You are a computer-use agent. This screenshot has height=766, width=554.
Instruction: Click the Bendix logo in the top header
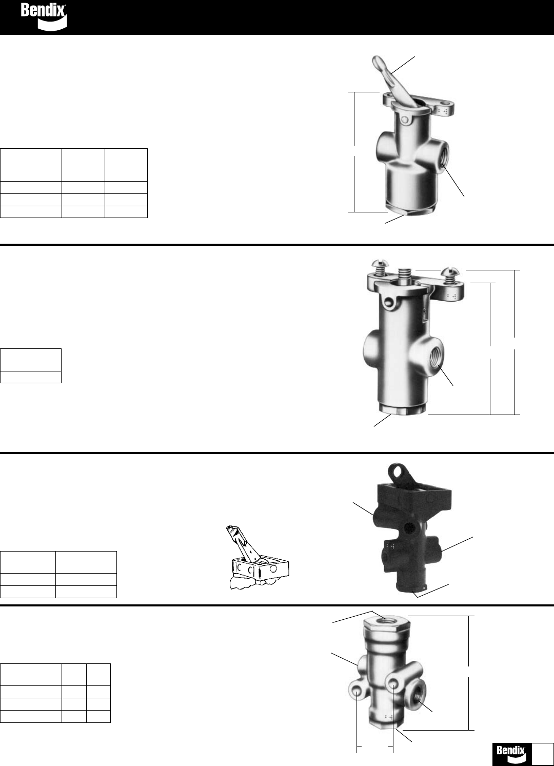coord(44,16)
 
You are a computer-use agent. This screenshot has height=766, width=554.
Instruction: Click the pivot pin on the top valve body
coord(406,120)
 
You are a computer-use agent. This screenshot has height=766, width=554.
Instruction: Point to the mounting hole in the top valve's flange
coord(445,103)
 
